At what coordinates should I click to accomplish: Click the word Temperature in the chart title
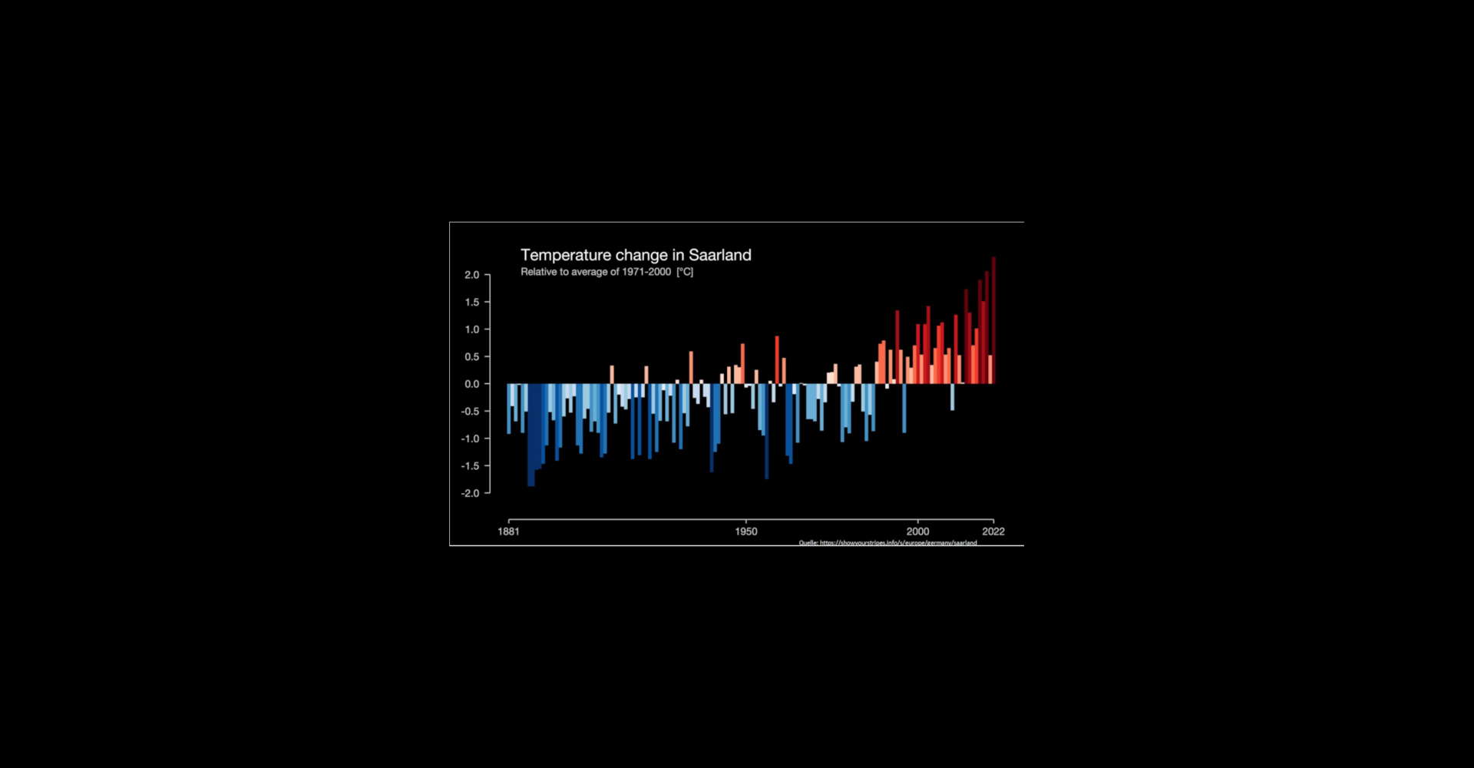[x=566, y=255]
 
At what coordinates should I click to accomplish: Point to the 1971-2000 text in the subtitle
[x=646, y=272]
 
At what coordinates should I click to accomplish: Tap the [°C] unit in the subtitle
[x=685, y=272]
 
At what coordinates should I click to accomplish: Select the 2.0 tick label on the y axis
[x=471, y=275]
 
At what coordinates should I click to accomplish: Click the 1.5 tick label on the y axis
[x=471, y=303]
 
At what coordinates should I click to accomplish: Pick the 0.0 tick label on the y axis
[x=471, y=384]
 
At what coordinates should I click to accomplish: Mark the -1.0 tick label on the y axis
[x=470, y=439]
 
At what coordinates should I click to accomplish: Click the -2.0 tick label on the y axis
[x=470, y=493]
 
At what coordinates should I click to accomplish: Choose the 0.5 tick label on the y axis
[x=471, y=357]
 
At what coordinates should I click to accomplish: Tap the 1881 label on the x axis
[x=508, y=531]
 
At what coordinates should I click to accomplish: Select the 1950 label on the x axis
[x=745, y=531]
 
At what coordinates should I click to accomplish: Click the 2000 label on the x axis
[x=917, y=531]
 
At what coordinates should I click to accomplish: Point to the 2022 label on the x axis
[x=993, y=531]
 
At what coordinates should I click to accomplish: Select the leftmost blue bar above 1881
[x=508, y=409]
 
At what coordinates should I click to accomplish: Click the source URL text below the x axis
[x=888, y=543]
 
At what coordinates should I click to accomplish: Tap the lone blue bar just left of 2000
[x=904, y=408]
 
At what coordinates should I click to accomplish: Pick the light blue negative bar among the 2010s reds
[x=953, y=396]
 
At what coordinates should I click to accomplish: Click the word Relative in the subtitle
[x=538, y=272]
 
